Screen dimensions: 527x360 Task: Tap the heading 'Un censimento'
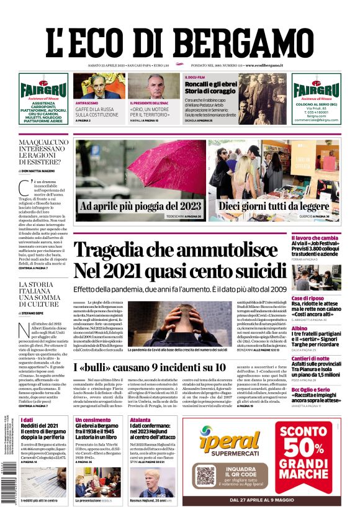pos(92,420)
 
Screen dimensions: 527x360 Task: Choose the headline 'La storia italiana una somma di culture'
pos(43,295)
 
